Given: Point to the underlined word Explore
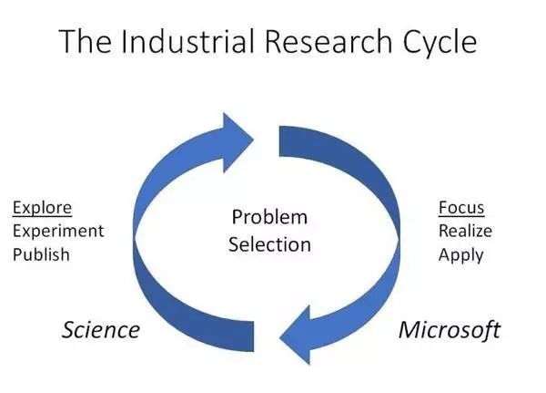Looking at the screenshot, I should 42,207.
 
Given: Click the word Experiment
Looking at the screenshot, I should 58,230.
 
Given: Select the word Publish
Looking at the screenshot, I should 41,253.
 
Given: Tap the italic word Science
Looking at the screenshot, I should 100,329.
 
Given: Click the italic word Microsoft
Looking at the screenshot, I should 450,329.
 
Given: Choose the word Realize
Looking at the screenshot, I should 465,230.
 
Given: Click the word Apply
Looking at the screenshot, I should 460,253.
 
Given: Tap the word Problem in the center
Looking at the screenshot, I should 269,217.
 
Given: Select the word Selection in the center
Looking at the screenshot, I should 269,243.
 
